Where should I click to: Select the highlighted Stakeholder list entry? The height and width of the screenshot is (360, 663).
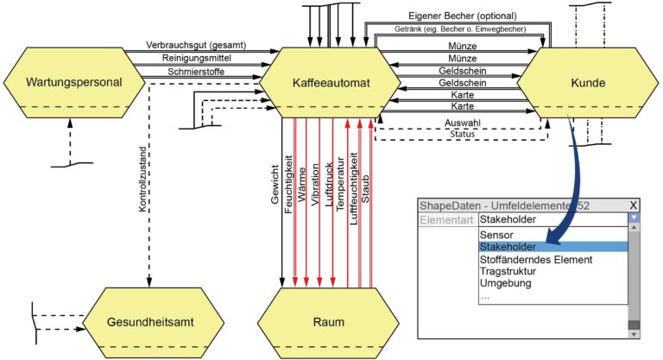coord(508,247)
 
